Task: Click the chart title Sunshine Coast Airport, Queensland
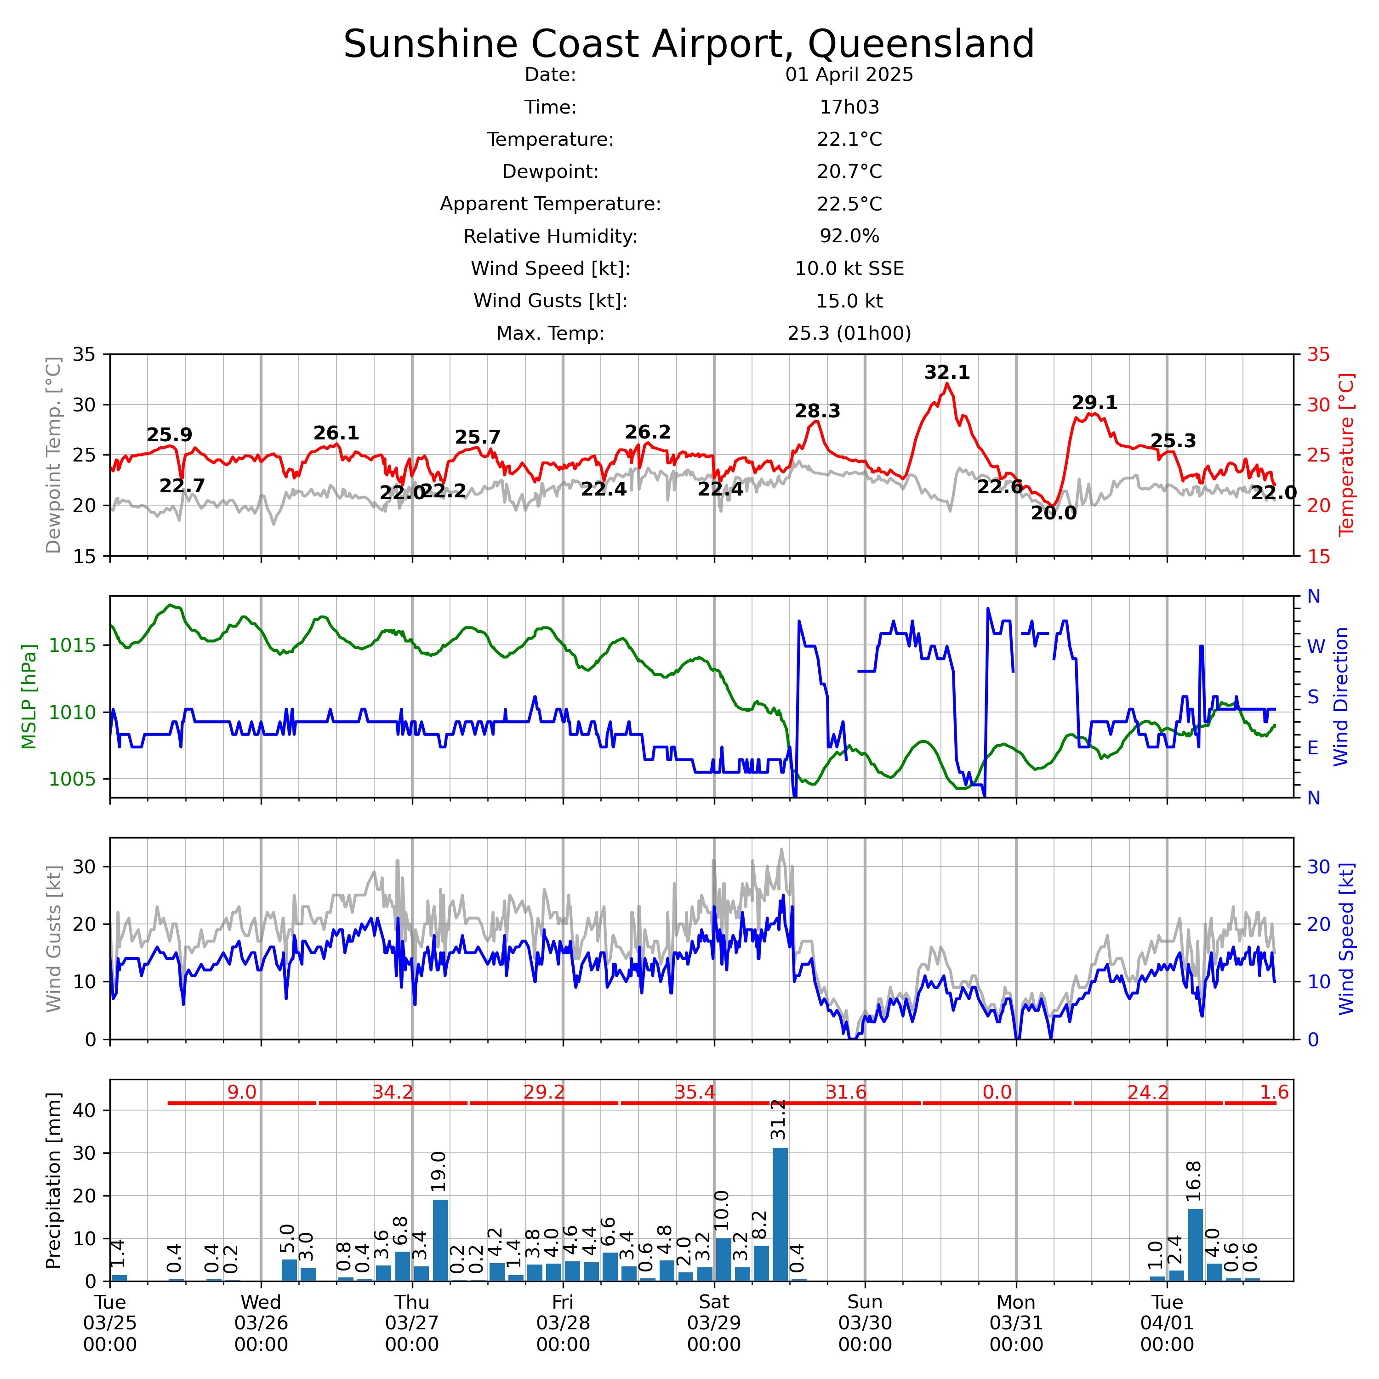[x=689, y=44]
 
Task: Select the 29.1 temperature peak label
[x=1094, y=403]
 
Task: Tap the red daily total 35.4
[x=695, y=1092]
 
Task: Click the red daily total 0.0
[x=997, y=1092]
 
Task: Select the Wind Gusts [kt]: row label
[x=550, y=301]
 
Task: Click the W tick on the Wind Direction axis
[x=1316, y=647]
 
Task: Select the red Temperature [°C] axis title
[x=1346, y=455]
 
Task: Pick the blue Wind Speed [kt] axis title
[x=1346, y=939]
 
